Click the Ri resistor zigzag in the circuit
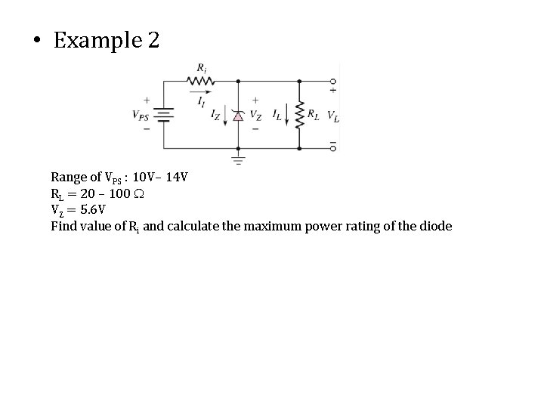pos(199,80)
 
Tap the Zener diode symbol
pos(238,116)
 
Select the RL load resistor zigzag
pos(301,116)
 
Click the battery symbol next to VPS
pos(164,115)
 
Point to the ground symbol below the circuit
pos(238,160)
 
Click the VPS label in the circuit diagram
pos(141,116)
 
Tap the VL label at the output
pos(333,116)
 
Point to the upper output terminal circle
pos(333,81)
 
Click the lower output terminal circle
pos(333,148)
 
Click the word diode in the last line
pos(435,225)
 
